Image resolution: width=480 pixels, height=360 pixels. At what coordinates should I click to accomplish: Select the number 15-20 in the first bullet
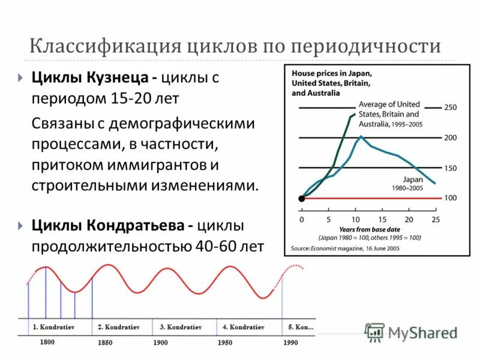(x=129, y=97)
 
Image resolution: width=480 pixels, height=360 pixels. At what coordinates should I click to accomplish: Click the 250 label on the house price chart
(x=450, y=107)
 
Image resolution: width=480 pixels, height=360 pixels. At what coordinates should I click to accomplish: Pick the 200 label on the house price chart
(x=450, y=138)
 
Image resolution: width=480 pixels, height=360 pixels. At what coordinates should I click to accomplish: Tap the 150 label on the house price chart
(x=450, y=168)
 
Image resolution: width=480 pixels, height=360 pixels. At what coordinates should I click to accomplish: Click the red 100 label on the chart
(x=450, y=198)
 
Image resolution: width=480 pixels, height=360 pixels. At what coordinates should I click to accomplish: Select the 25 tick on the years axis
(x=436, y=220)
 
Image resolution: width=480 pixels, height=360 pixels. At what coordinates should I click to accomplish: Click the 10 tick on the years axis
(x=355, y=220)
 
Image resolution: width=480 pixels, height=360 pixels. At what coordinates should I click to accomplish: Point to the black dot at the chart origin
(x=301, y=198)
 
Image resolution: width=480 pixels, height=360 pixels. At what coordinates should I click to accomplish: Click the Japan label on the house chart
(x=413, y=179)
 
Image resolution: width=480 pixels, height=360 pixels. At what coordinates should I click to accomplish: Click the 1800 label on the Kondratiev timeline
(x=47, y=343)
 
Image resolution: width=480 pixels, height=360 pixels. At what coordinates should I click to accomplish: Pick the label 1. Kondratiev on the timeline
(x=52, y=328)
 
